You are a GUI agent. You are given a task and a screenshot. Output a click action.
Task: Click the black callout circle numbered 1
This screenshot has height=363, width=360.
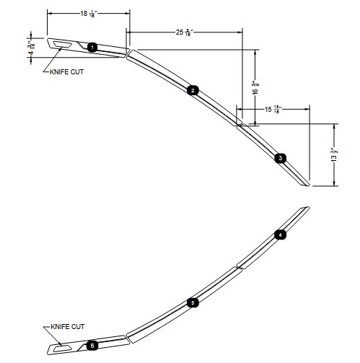click(x=92, y=47)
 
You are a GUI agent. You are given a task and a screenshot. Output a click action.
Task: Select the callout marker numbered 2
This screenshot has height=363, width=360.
click(x=192, y=90)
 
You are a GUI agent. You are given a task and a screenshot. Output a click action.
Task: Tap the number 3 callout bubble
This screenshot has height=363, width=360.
click(x=281, y=157)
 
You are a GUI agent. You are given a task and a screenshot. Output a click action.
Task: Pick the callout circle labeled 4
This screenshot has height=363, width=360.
click(x=281, y=235)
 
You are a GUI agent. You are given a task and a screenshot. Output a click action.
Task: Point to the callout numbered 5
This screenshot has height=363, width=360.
click(x=192, y=303)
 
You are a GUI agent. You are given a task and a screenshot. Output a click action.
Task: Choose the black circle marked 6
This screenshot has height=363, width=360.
click(x=92, y=346)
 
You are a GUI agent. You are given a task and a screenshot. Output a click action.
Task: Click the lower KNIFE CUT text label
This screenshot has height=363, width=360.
click(x=70, y=327)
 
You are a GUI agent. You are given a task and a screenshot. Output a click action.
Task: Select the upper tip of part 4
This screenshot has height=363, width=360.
click(x=307, y=209)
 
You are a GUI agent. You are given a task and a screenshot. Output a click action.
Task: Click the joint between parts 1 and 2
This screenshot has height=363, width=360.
click(x=127, y=53)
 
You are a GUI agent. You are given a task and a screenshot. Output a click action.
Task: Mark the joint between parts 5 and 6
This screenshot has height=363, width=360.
click(x=126, y=336)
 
